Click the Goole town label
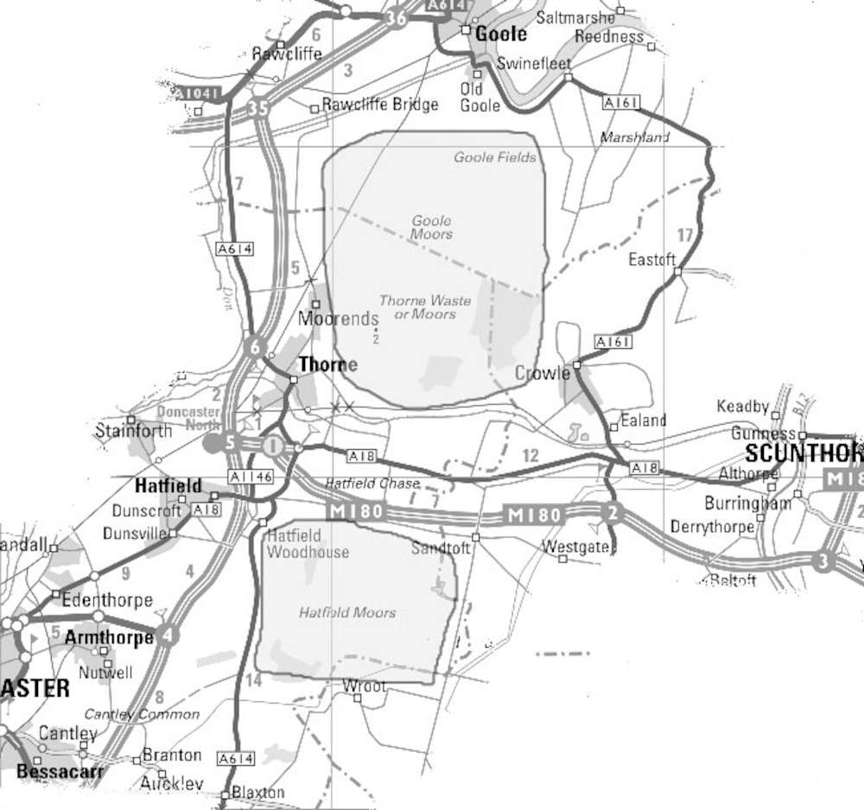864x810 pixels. point(501,34)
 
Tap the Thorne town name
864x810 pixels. point(327,365)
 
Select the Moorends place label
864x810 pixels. point(338,319)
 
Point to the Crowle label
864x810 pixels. point(542,373)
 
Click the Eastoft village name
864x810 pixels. point(651,259)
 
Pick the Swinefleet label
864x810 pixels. point(534,64)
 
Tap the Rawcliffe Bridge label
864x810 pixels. point(379,104)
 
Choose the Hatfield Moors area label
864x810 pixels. point(347,612)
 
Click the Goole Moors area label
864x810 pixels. point(431,227)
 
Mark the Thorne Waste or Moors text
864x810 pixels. point(425,307)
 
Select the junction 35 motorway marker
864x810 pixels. point(257,109)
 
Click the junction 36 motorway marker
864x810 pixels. point(397,18)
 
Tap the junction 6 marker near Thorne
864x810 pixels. point(254,348)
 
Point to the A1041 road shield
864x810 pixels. point(198,93)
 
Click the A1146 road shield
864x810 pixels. point(251,477)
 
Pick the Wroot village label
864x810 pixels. point(364,686)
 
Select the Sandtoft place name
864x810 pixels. point(441,548)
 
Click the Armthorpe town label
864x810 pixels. point(109,637)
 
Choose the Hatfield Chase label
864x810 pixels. point(372,484)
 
